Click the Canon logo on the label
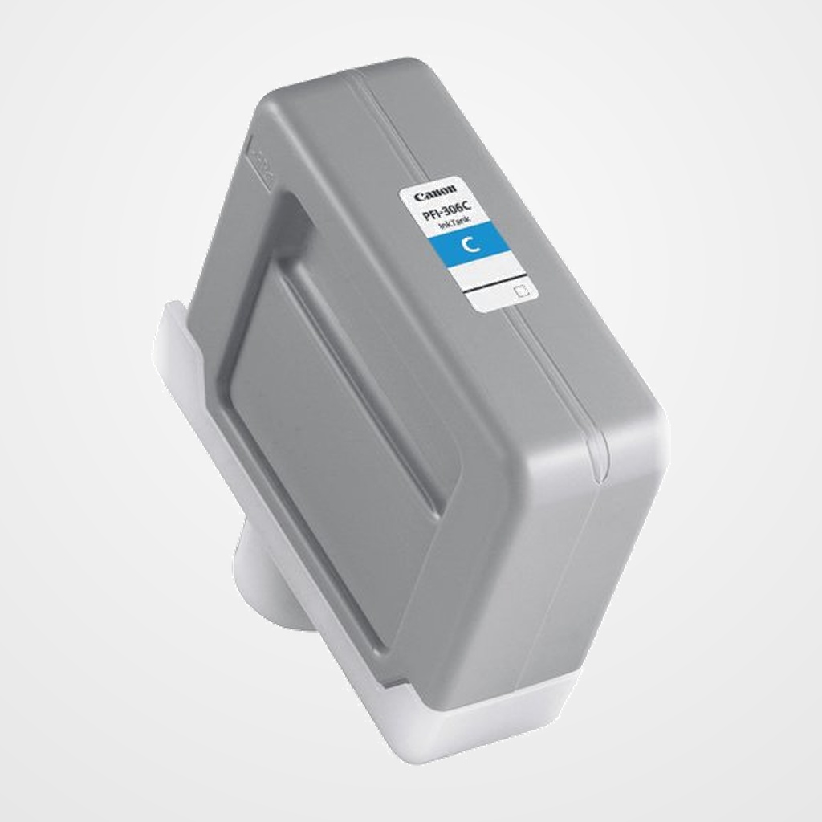click(x=436, y=193)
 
